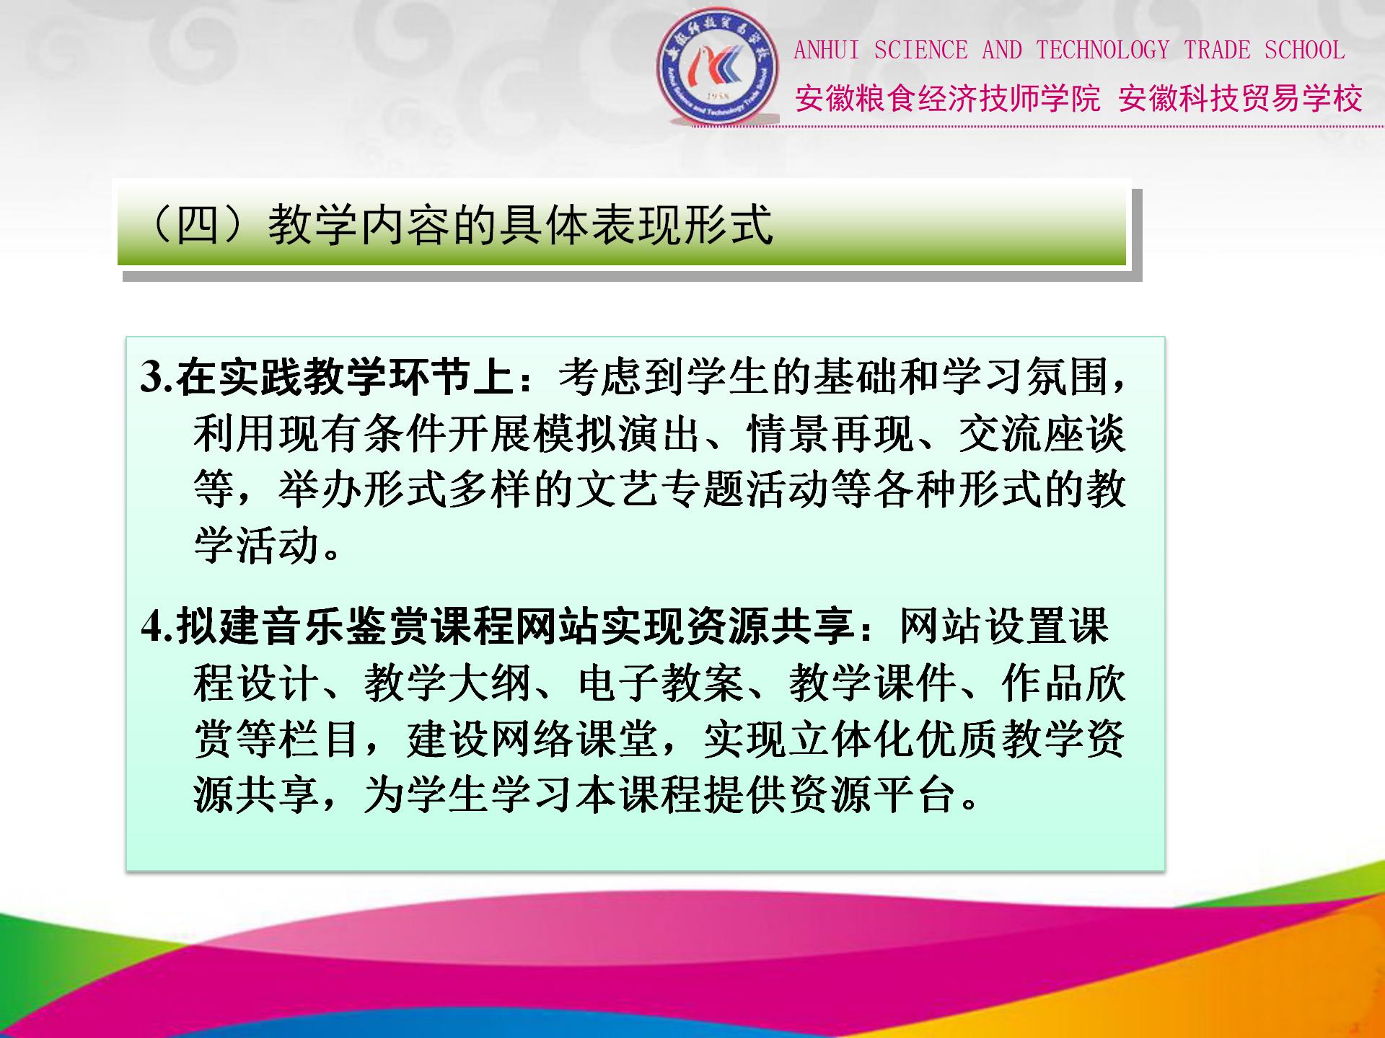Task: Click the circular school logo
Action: [x=718, y=67]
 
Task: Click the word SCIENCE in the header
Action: [x=920, y=50]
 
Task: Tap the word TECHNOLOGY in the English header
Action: [x=1102, y=50]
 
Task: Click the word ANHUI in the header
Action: [x=827, y=50]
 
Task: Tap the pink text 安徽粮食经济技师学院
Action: [x=948, y=99]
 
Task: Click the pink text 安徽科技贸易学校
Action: [x=1240, y=99]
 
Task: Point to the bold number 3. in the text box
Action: [x=157, y=377]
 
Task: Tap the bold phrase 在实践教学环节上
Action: [x=344, y=377]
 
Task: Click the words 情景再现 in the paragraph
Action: [x=830, y=434]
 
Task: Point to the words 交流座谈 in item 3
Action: [x=1042, y=434]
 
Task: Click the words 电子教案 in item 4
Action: [x=660, y=683]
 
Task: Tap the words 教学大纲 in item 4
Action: [x=447, y=683]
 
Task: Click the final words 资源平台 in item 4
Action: [x=872, y=795]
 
